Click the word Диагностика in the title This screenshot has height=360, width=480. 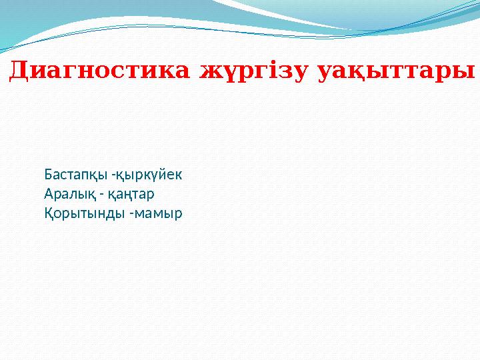coord(101,69)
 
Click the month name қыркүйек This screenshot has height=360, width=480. coord(149,175)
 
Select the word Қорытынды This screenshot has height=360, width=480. coord(82,214)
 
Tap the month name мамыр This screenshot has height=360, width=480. coord(160,214)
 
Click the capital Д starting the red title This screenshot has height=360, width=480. coord(19,69)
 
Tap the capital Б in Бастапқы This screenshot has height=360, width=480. coord(48,175)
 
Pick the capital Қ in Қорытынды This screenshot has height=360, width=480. coord(49,214)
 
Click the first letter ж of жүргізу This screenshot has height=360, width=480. coord(208,71)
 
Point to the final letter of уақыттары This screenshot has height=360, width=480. coord(467,71)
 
